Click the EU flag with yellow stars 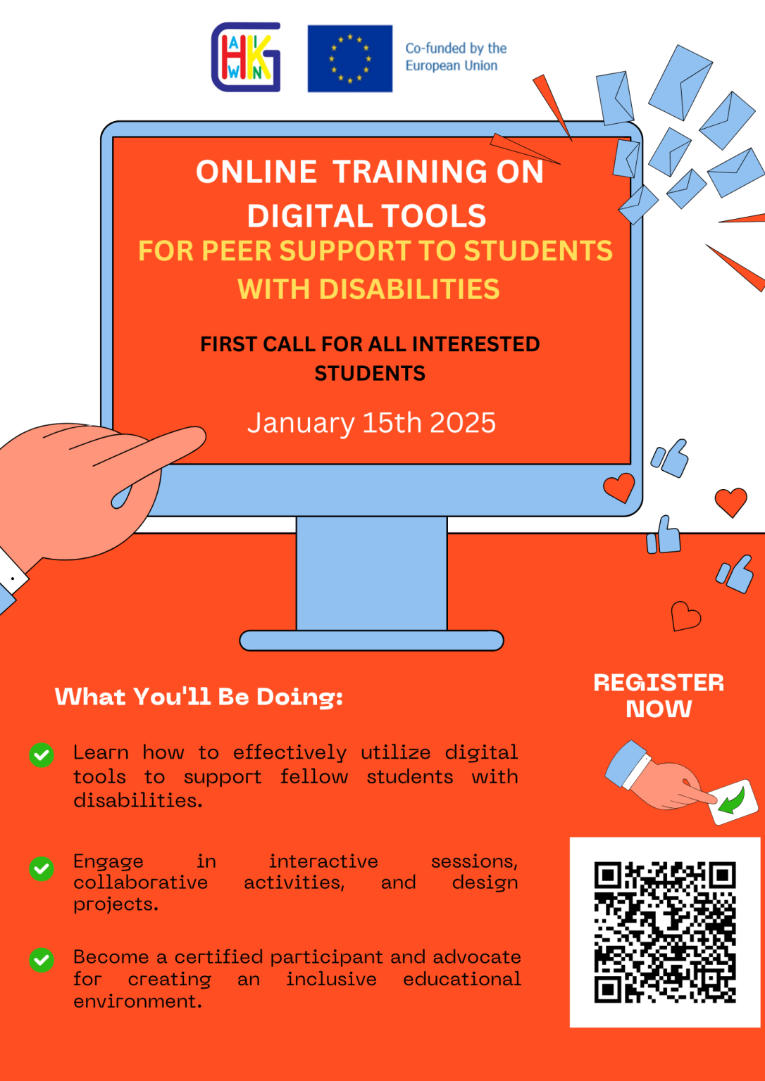click(x=349, y=58)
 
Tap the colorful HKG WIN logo click(x=246, y=58)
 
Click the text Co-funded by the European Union click(x=455, y=57)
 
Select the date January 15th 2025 click(x=371, y=423)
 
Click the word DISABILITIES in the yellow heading click(x=409, y=289)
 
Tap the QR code click(x=664, y=931)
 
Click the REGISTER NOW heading click(x=659, y=695)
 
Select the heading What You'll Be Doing click(x=199, y=697)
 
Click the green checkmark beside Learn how click(x=42, y=755)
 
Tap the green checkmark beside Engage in click(x=42, y=868)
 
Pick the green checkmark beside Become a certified click(x=42, y=960)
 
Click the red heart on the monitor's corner click(x=619, y=487)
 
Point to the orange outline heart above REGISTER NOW click(x=685, y=617)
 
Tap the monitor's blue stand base click(x=371, y=640)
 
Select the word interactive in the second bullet click(x=323, y=861)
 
